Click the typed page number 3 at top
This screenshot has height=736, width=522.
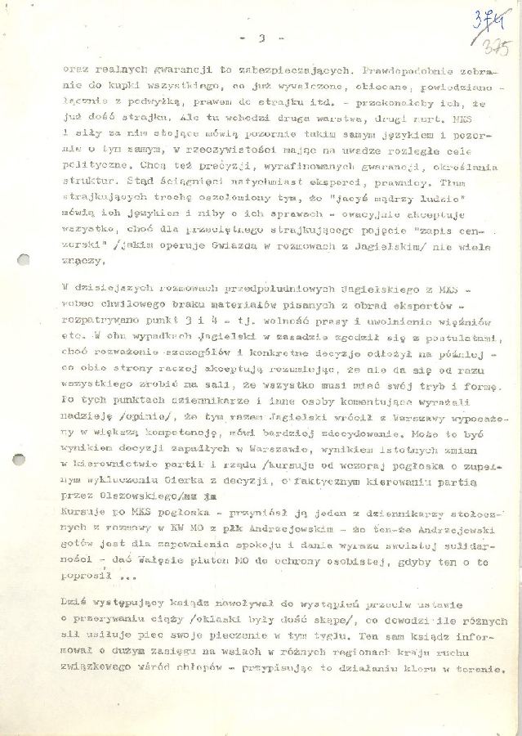[259, 38]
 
